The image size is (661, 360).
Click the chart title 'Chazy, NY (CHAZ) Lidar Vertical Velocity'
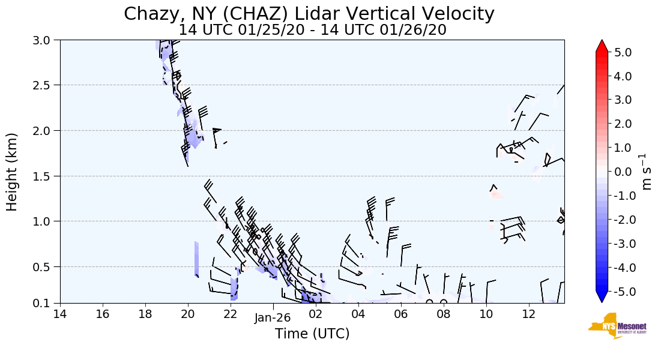click(309, 14)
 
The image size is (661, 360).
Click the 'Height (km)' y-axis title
click(13, 172)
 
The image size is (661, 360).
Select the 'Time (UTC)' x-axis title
click(312, 334)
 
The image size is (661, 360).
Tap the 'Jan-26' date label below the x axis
click(273, 319)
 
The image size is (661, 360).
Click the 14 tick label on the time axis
click(60, 314)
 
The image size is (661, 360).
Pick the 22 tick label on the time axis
click(231, 314)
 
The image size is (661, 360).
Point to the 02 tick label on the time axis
click(316, 314)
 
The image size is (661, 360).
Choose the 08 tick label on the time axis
click(443, 314)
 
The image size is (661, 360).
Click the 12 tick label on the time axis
click(528, 314)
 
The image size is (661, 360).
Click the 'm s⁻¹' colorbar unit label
click(647, 172)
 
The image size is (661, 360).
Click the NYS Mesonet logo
click(613, 326)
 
